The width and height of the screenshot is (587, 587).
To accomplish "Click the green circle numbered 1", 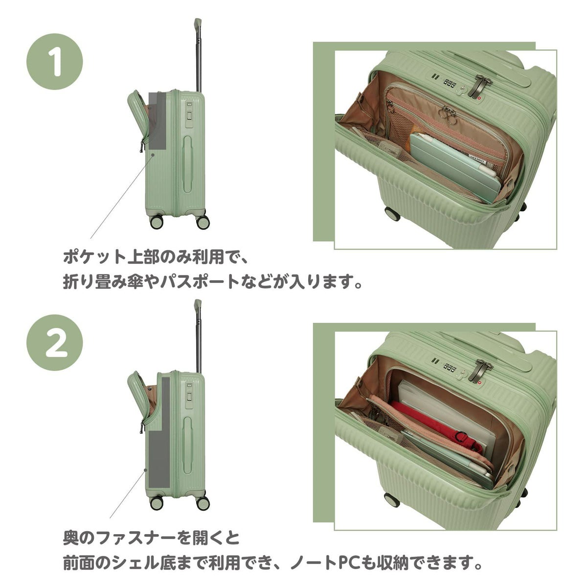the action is click(x=55, y=61).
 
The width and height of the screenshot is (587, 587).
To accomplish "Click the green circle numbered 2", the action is click(x=55, y=342).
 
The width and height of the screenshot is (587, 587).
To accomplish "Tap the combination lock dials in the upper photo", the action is click(x=450, y=82).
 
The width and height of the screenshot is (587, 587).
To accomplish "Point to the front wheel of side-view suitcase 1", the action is click(x=156, y=222).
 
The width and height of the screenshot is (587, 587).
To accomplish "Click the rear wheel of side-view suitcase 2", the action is click(x=203, y=503).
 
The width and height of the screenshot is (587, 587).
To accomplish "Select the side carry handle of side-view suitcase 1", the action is click(x=188, y=164).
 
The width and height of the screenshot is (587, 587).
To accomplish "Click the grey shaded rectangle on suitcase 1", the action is click(x=158, y=121).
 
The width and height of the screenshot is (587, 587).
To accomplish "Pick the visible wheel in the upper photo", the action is click(x=392, y=214).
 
